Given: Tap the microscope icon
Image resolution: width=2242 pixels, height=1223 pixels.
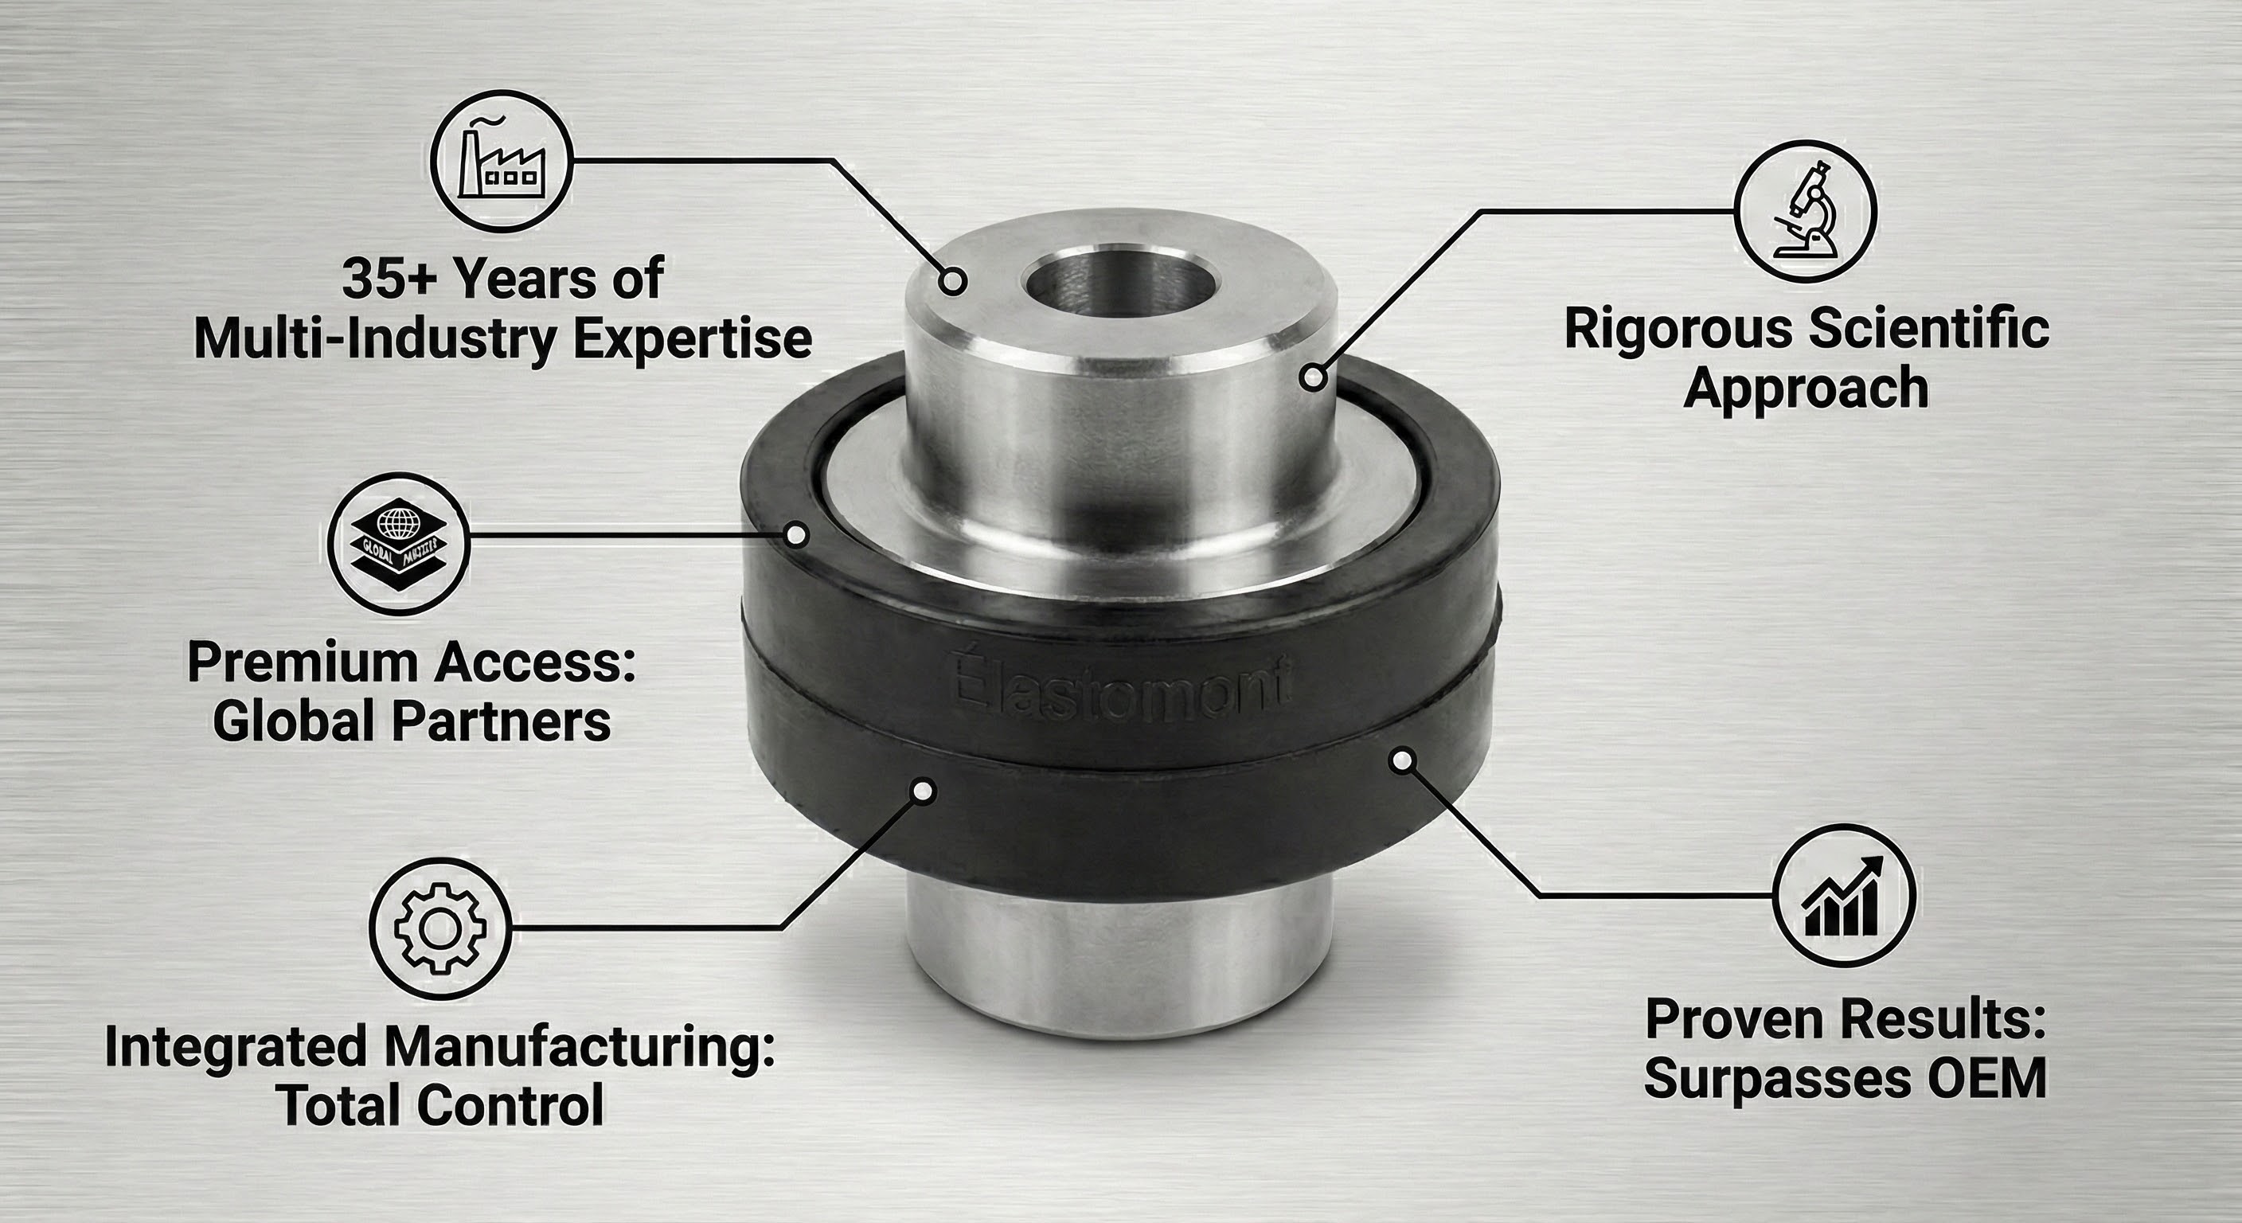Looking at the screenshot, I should point(1805,212).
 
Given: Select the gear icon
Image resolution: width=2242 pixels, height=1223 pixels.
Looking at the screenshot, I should point(439,928).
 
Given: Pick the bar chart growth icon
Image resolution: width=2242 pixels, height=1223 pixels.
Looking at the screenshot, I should point(1844,895).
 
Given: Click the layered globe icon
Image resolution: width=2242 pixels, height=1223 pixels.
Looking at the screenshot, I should point(399,545).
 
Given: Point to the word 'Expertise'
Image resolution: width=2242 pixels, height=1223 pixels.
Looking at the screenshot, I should point(692,338).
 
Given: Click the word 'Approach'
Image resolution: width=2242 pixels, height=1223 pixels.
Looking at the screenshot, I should point(1806,389).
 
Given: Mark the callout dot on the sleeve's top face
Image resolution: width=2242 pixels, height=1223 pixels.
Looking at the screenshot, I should point(954,281).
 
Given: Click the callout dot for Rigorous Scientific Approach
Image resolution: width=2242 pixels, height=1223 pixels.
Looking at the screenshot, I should point(1314,377).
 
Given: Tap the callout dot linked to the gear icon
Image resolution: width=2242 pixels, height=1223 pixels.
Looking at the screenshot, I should point(924,791).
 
